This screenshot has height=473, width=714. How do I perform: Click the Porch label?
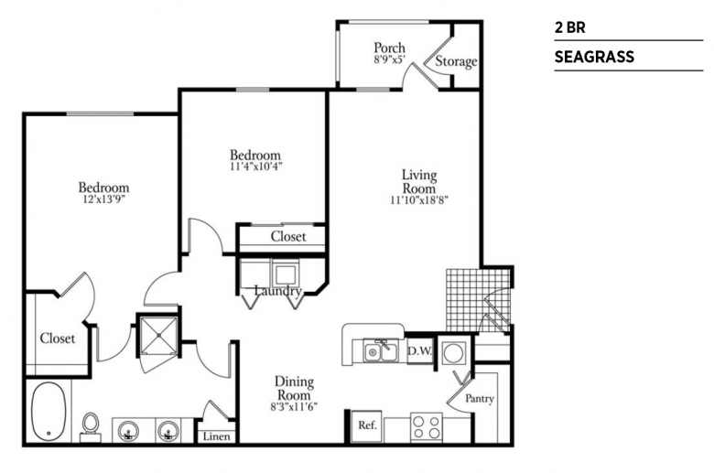click(x=389, y=48)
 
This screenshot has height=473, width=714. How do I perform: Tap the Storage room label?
click(x=456, y=61)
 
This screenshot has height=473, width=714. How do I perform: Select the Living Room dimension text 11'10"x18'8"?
click(x=419, y=199)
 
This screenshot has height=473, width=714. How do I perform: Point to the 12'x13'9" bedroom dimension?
click(x=103, y=199)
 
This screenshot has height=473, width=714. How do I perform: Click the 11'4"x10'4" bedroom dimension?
click(x=255, y=167)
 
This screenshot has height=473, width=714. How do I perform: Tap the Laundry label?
click(x=278, y=291)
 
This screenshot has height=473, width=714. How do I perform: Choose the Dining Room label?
click(x=294, y=388)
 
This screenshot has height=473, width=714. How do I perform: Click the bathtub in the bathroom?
click(x=49, y=411)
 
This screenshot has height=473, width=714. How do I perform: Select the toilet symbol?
click(x=91, y=427)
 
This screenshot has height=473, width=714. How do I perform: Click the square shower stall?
click(x=158, y=335)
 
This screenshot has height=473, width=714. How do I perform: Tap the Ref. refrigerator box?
click(x=366, y=425)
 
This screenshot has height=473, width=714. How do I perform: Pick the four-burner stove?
click(x=427, y=427)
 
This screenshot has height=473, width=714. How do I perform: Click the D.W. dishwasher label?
click(x=419, y=350)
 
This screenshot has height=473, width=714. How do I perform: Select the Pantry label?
click(x=480, y=399)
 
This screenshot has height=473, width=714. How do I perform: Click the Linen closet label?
click(x=216, y=436)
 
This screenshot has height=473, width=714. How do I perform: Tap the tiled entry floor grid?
click(x=478, y=300)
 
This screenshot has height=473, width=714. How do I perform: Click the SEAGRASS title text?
click(x=594, y=57)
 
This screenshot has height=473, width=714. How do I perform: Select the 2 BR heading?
click(x=569, y=27)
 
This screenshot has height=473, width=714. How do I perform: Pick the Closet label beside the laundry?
click(x=288, y=237)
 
